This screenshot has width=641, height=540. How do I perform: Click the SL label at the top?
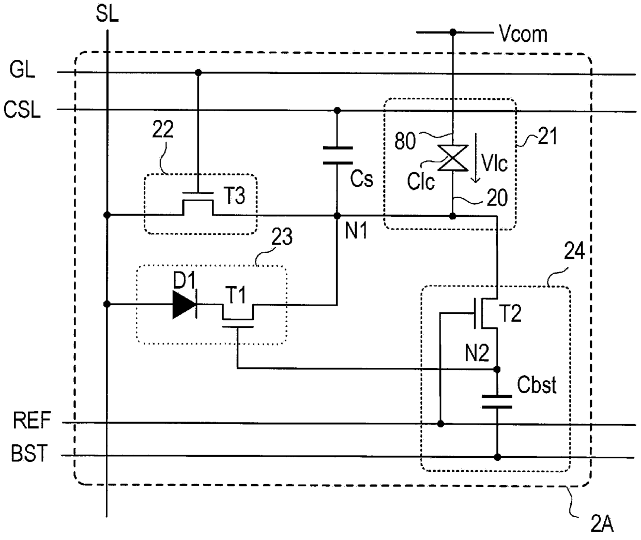[x=107, y=14]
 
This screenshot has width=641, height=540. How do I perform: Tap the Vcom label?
[x=523, y=34]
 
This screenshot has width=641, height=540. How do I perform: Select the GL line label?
[x=22, y=69]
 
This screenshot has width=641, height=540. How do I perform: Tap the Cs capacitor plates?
[x=338, y=155]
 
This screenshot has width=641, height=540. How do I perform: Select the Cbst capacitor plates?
[x=497, y=402]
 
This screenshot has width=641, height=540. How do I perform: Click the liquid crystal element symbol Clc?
[x=453, y=158]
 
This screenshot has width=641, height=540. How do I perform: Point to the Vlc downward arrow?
[x=476, y=158]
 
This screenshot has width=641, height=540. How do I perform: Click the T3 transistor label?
[x=234, y=196]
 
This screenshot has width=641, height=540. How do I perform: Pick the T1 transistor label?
[x=235, y=295]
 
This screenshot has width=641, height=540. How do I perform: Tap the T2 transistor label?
[x=510, y=313]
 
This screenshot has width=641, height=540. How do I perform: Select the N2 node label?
[x=477, y=353]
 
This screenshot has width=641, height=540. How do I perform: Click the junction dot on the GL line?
[x=199, y=73]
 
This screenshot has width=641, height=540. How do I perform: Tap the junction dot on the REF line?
[x=440, y=424]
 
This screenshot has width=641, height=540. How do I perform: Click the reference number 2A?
[x=602, y=524]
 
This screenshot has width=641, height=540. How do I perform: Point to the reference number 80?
[x=405, y=141]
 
